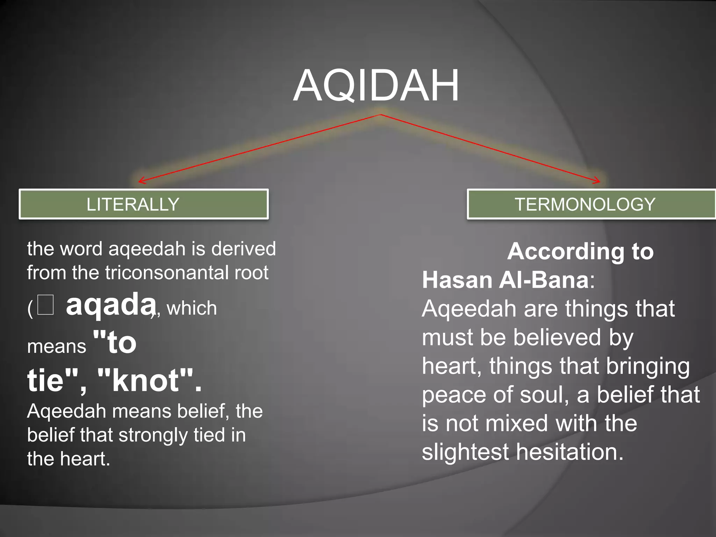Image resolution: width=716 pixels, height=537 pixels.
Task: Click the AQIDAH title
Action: coord(376,86)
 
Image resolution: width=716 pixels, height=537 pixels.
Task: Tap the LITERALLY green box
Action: coord(143,204)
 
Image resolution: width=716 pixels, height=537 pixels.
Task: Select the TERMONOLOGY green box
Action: coord(591,204)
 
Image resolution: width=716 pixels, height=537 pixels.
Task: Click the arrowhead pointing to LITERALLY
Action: coord(141,181)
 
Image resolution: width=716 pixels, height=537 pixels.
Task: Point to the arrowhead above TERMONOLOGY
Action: coord(598,181)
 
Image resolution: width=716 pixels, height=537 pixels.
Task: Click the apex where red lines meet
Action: coord(380,114)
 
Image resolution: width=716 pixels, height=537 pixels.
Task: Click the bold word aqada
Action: coord(110,305)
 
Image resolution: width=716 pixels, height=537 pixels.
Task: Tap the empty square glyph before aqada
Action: coord(45,305)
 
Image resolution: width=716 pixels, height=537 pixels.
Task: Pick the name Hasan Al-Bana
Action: coord(506,280)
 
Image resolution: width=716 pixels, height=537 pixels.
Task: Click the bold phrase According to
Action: coord(580,251)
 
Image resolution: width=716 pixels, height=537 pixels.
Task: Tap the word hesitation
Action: coord(570,452)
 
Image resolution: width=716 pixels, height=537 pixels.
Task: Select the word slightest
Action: coord(465,452)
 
